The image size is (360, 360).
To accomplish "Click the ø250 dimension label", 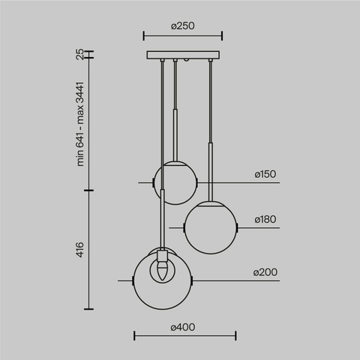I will pos(183,25).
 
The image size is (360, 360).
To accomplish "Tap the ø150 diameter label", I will pos(265,175).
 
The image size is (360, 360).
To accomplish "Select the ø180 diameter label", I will pos(266,220).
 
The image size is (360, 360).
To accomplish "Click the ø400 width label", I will pos(184,328).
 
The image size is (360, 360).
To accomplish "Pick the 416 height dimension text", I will pos(79,250).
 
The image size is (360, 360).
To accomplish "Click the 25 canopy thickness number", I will pos(79,54).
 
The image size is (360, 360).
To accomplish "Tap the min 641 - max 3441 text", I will pos(79,124).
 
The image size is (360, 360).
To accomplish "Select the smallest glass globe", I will pos(175,182).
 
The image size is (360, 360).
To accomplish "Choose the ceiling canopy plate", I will pos(183,55).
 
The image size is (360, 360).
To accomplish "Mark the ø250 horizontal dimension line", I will pos(183,35).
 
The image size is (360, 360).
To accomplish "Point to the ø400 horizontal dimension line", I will pos(184,337).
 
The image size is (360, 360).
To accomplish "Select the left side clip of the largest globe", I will pos(133,281).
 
